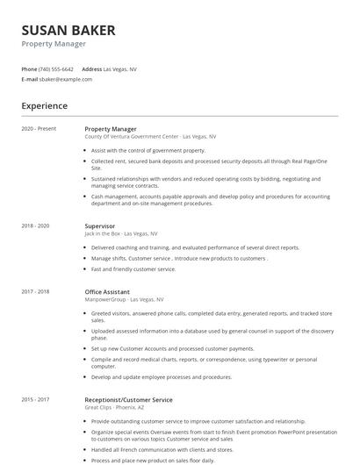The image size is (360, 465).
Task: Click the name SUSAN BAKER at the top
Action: [68, 31]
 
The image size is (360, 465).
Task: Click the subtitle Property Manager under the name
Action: [54, 44]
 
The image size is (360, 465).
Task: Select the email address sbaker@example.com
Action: [65, 79]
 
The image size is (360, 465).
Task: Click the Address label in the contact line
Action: [91, 69]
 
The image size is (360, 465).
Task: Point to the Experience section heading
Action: [45, 106]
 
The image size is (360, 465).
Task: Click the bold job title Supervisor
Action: [99, 226]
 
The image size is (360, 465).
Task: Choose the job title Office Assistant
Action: [107, 292]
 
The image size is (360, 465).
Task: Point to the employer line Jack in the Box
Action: [120, 234]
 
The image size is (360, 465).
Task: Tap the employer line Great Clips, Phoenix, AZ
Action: [114, 408]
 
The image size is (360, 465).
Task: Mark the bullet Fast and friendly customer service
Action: [133, 269]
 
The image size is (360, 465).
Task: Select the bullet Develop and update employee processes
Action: [162, 377]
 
